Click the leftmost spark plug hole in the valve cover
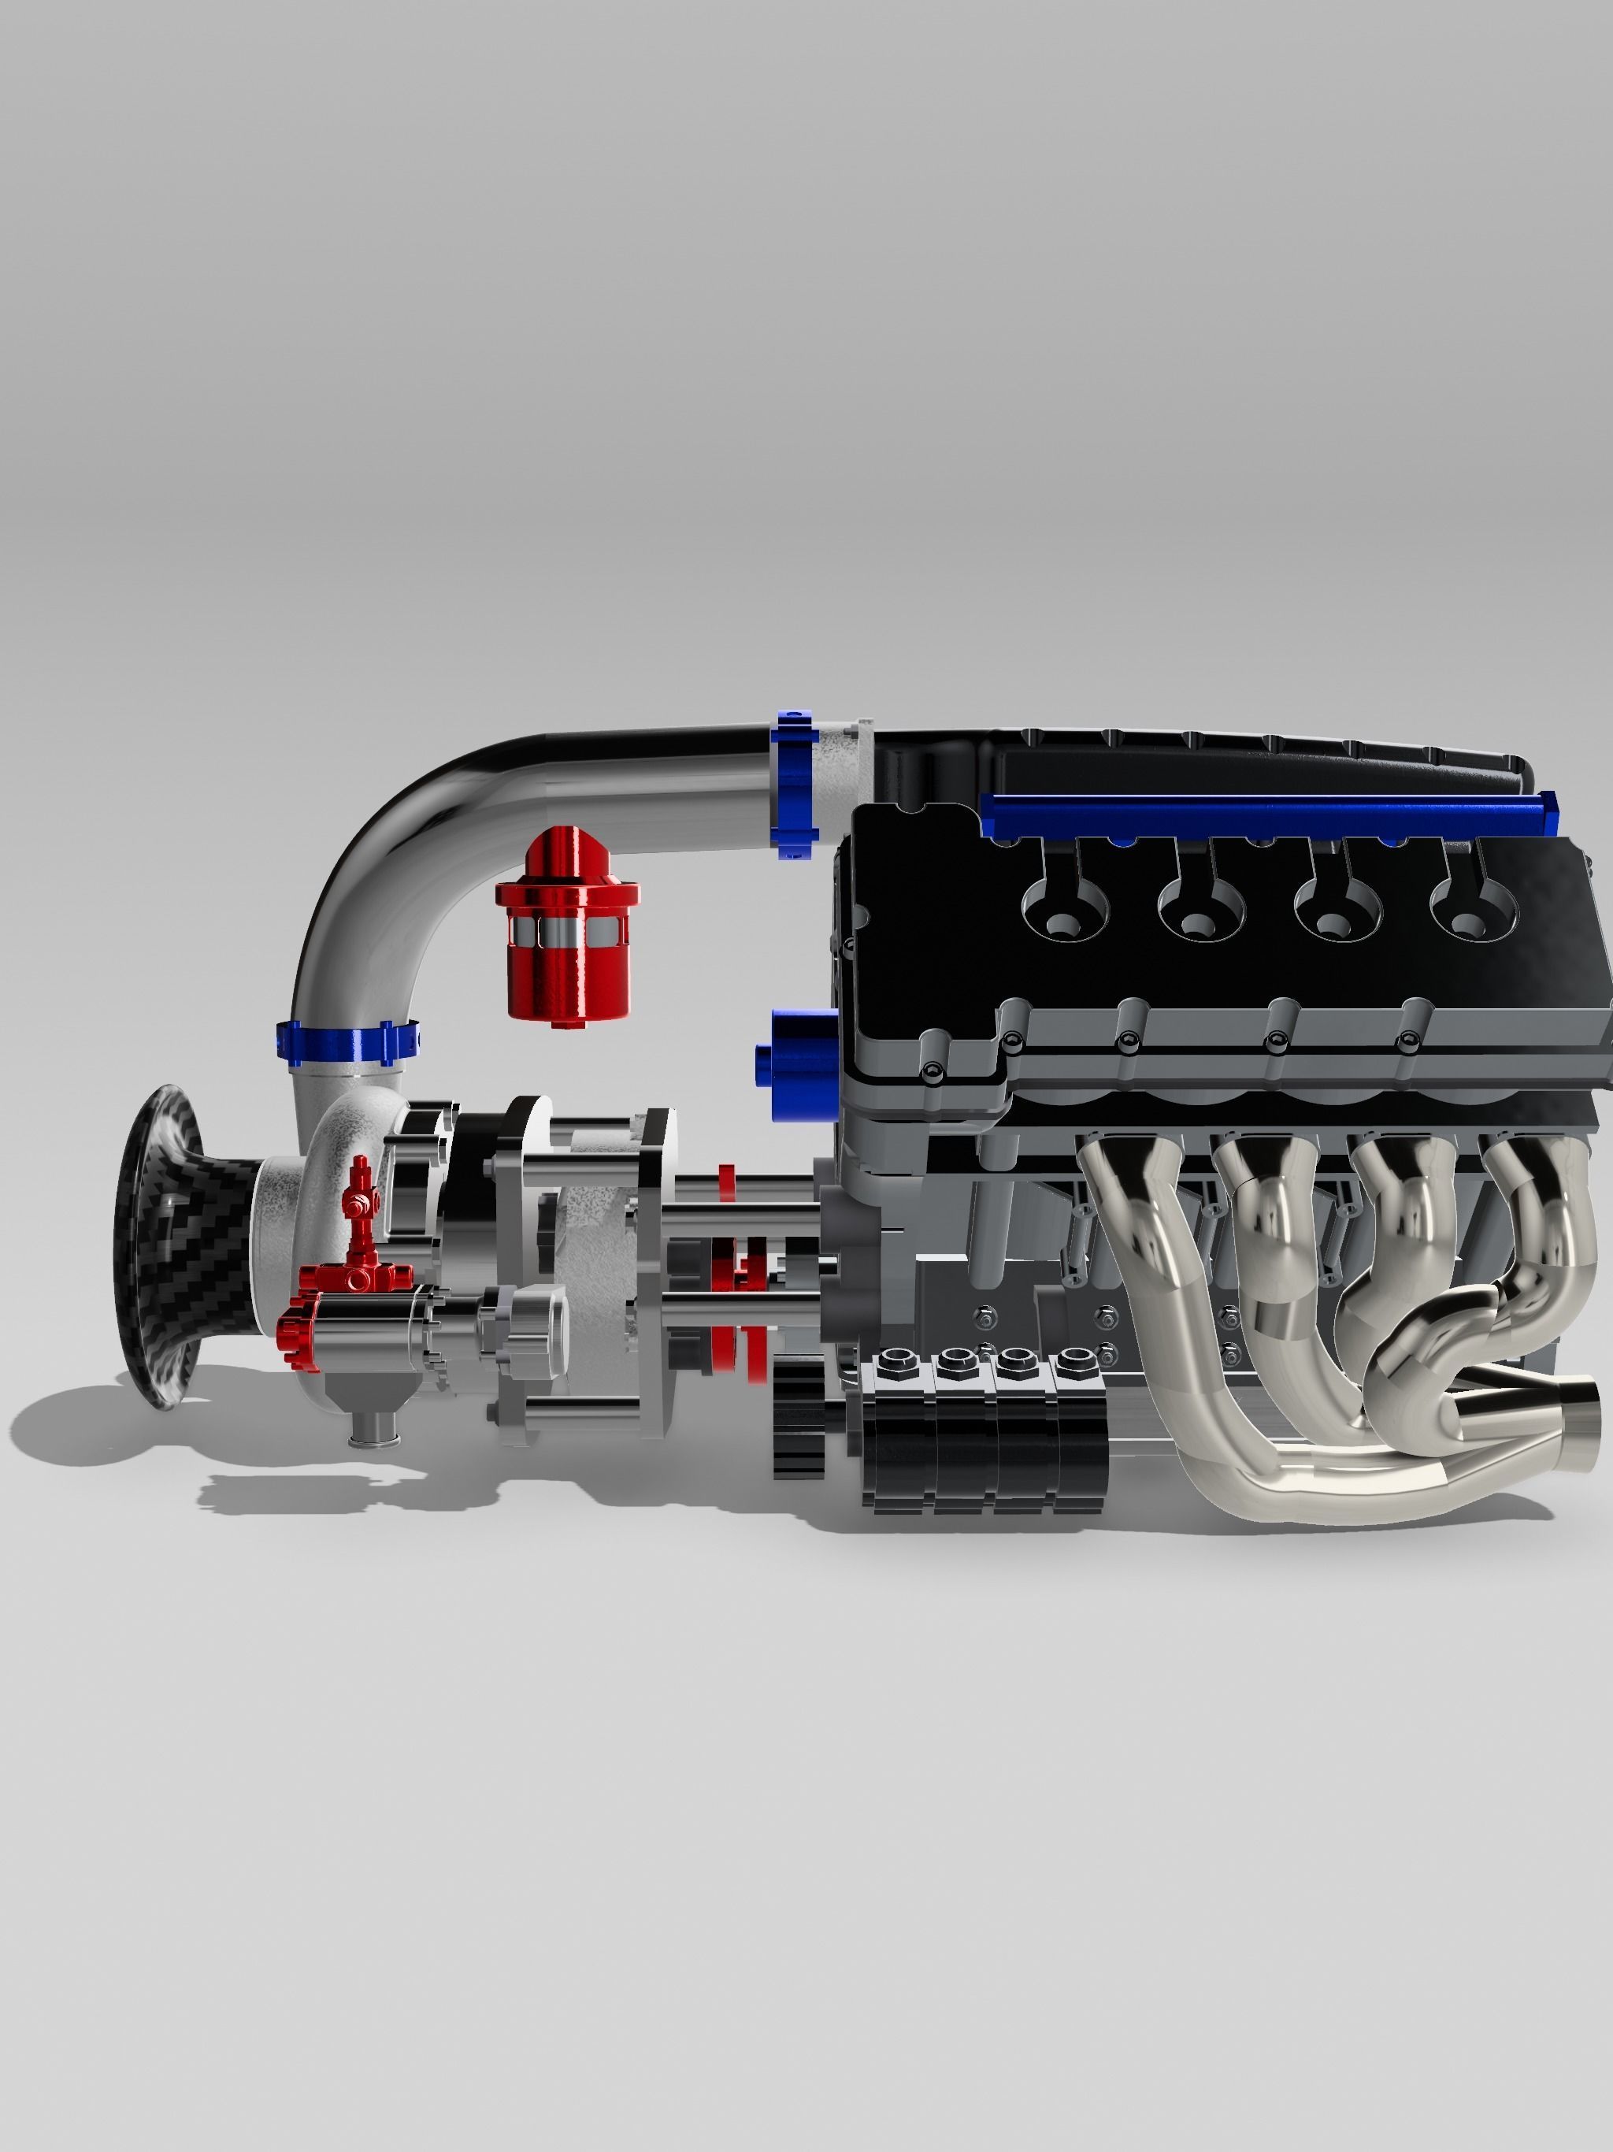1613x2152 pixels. point(1064,915)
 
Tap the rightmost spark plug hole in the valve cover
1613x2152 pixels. point(1471,915)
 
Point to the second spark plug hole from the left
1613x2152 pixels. point(1200,915)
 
